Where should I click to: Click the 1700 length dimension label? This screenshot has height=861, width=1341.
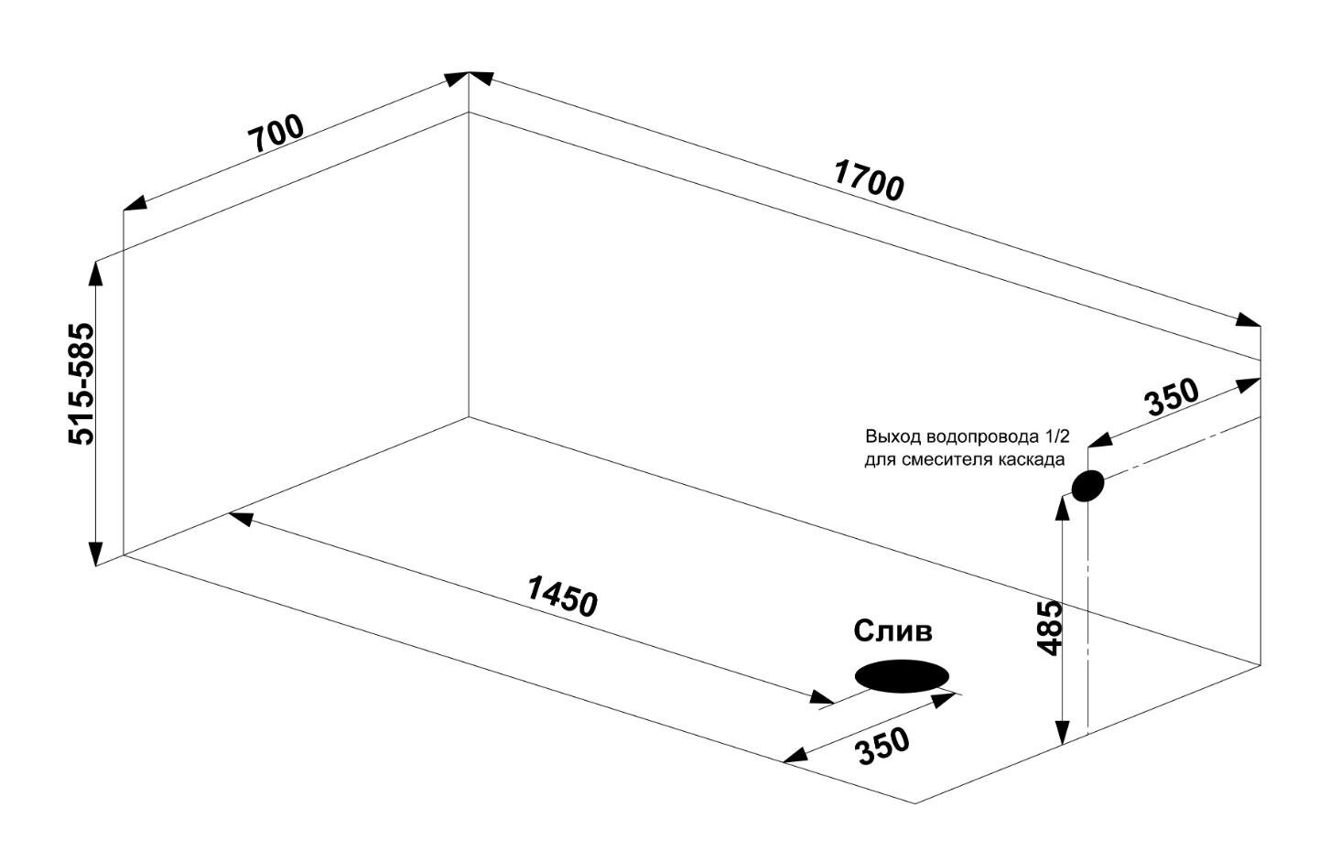869,179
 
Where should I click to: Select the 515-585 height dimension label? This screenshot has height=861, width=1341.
81,383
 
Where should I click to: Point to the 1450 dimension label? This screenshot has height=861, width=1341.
562,596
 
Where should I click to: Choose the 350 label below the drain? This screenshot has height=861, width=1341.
882,746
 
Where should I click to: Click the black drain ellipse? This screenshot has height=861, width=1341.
902,676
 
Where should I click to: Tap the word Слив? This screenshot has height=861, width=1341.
892,630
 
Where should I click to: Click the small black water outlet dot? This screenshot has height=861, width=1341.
1087,486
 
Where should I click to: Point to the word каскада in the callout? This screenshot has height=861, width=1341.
1031,459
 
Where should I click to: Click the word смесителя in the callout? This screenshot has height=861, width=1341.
946,459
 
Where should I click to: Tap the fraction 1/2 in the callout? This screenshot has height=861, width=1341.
1054,436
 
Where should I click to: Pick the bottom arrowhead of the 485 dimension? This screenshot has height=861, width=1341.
1062,733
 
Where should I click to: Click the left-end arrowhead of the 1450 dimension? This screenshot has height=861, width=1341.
240,518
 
